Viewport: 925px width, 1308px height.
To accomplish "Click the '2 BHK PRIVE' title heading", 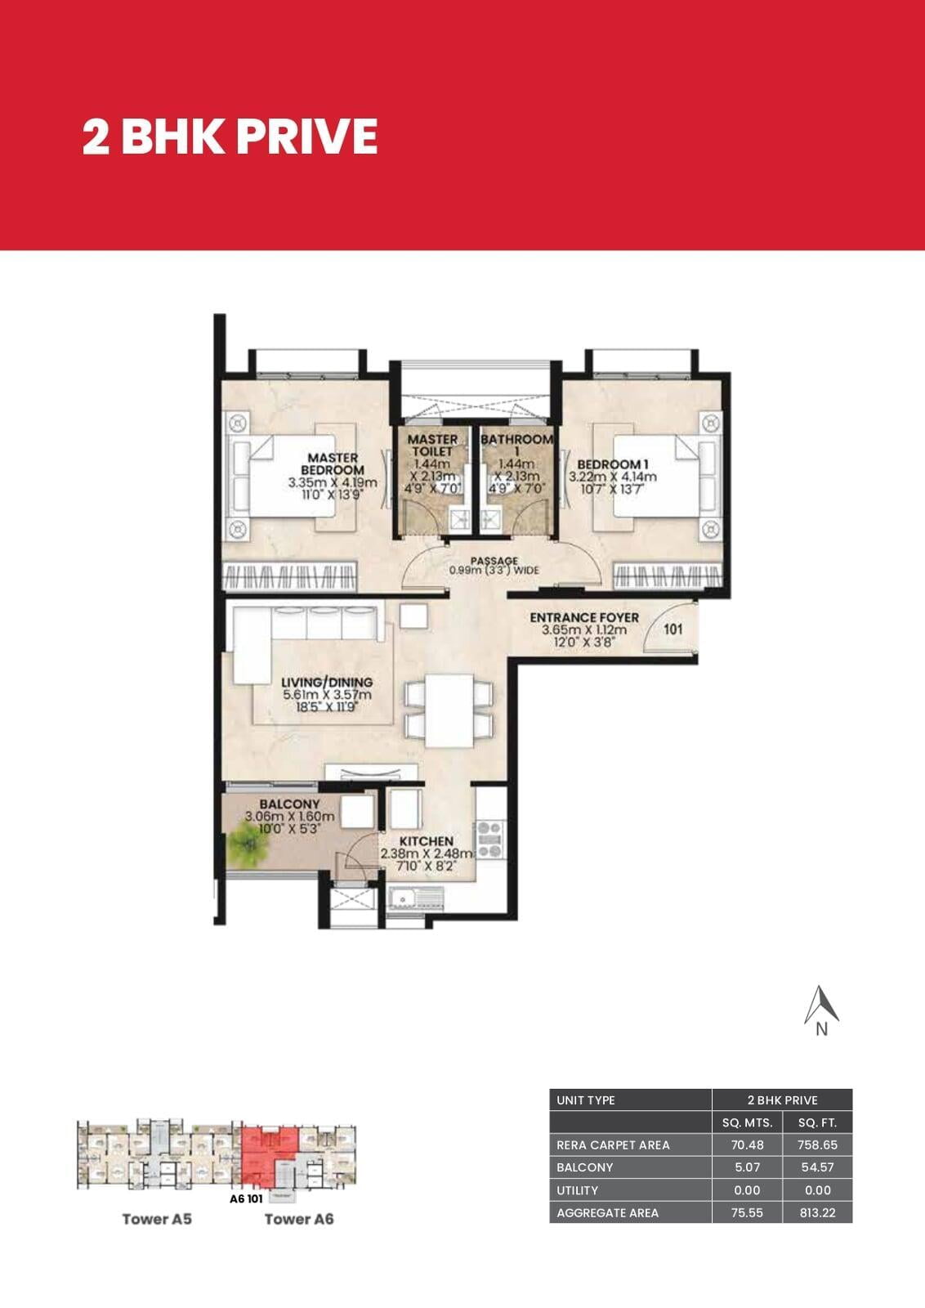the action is [230, 137].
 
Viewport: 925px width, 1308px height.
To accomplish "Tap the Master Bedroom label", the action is [333, 464].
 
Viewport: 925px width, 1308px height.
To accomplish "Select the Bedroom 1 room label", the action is [613, 464].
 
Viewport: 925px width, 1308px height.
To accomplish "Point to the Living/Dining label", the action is [327, 682].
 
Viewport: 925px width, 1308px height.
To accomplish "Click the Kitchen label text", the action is [426, 841].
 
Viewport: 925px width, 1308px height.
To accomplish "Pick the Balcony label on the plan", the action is [289, 804].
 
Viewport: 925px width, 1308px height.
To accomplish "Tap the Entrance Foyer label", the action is [584, 617].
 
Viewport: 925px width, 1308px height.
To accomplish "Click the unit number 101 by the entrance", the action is [673, 629].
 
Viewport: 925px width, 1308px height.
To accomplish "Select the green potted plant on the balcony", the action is [248, 843].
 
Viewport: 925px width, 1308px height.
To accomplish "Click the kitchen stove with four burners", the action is [491, 839].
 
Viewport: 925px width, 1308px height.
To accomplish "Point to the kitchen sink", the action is [417, 898].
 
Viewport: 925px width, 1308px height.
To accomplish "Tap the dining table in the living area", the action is [449, 710].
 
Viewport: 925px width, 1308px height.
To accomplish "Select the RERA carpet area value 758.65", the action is [817, 1145].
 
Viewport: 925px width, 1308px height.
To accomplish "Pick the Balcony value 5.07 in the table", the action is [747, 1167].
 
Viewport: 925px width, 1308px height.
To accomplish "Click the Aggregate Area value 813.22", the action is [817, 1213].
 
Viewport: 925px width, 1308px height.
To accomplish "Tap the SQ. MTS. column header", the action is [747, 1122].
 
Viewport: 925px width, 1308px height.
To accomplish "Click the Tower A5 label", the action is [157, 1219].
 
